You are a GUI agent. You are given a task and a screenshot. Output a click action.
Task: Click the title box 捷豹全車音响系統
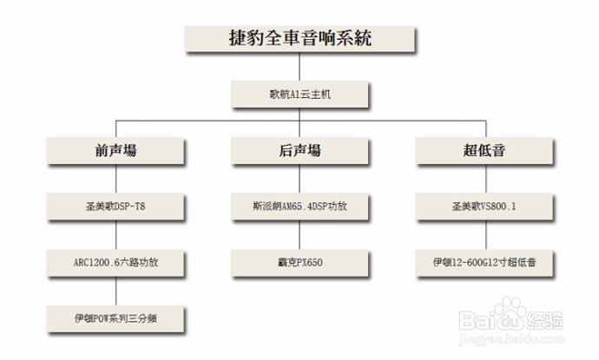click(x=299, y=38)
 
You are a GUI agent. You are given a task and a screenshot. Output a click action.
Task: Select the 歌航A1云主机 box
click(x=299, y=94)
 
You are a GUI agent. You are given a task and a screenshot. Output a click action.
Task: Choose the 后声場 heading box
click(x=299, y=151)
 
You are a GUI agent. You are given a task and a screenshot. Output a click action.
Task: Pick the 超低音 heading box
click(x=484, y=151)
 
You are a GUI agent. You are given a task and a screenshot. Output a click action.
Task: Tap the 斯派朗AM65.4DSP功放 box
click(x=299, y=206)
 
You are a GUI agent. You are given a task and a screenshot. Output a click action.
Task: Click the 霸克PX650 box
click(x=299, y=262)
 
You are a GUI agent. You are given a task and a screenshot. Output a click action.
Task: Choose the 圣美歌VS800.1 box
click(x=484, y=206)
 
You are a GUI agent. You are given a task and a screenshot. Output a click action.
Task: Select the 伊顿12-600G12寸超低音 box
click(x=484, y=262)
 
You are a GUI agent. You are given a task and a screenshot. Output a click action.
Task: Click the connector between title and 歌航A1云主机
click(x=299, y=67)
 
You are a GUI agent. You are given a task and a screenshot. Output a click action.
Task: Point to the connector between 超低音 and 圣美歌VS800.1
click(x=484, y=179)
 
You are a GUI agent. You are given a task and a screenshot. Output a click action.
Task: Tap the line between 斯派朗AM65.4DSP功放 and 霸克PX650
click(x=299, y=234)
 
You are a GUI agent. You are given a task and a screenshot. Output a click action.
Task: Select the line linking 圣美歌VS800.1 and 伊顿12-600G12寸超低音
click(x=484, y=234)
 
